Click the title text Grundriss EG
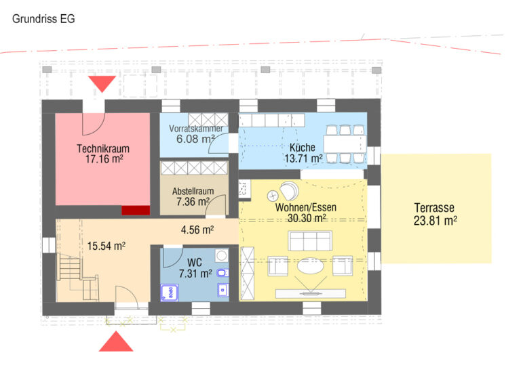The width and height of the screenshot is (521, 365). point(43,19)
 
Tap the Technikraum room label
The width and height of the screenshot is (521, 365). point(103,148)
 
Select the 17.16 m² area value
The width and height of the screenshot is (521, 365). point(104,159)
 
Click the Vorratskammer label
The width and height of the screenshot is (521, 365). point(196,129)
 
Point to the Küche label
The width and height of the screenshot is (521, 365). point(303,148)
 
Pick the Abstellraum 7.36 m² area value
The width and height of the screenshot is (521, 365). point(193,201)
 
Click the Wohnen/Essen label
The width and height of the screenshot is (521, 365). point(306,207)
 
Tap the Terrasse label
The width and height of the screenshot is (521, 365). point(434,208)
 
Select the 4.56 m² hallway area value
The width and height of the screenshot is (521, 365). point(197,230)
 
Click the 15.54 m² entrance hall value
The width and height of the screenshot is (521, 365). point(107,246)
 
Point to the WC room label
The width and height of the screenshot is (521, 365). point(195,263)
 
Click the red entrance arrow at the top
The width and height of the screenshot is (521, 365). point(102,84)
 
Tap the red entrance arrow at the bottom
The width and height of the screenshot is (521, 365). point(116,341)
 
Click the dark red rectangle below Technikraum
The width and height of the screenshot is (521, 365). point(136,211)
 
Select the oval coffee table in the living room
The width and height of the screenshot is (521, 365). point(310,266)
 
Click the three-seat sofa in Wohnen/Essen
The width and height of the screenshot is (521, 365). point(310,241)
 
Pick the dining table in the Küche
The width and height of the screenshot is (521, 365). point(345,144)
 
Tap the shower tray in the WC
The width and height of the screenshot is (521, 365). point(170,293)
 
